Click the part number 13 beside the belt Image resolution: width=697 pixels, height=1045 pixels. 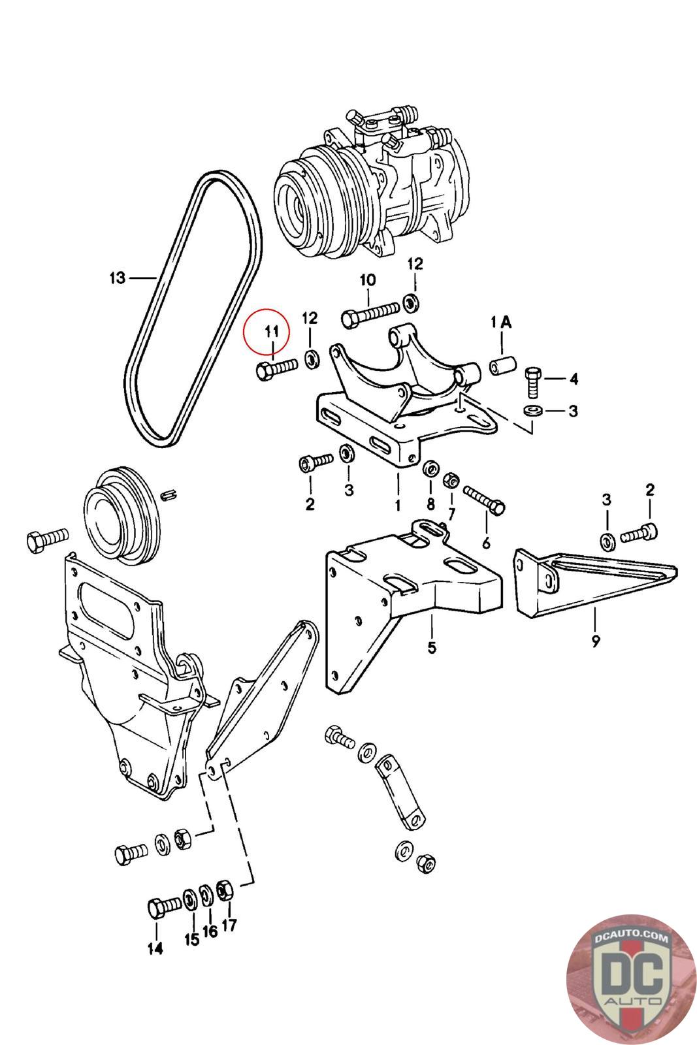tap(117, 278)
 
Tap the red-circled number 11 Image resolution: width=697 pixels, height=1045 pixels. tap(271, 332)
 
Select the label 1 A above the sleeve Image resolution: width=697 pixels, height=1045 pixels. tap(501, 322)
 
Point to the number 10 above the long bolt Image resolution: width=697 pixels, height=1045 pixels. tap(367, 280)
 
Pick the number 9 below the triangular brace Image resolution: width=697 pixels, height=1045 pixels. tap(596, 641)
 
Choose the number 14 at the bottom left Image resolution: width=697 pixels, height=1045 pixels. tap(155, 949)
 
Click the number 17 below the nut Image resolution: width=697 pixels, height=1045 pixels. tap(229, 925)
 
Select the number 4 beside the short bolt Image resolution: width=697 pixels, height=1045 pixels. tap(574, 378)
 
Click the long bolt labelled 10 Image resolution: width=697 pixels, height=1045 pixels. tap(370, 313)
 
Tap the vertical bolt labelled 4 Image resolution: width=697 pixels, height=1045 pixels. tap(532, 382)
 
